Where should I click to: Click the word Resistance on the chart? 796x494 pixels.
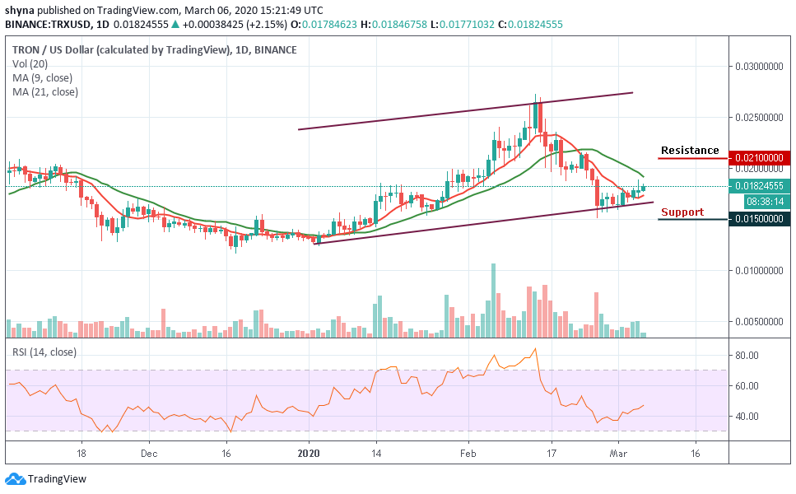tap(689, 151)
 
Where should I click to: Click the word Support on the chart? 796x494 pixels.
tap(682, 212)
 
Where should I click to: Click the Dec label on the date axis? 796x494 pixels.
tap(148, 453)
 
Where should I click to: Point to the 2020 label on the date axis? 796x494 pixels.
tap(309, 453)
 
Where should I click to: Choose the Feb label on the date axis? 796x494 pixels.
tap(468, 453)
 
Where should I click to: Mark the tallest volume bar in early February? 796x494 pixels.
tap(493, 300)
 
